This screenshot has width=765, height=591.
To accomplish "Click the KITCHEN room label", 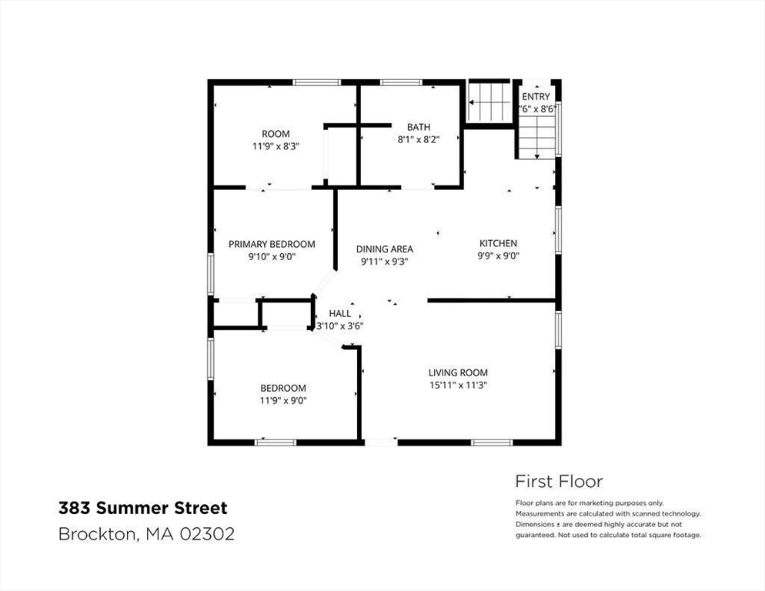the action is (x=498, y=243).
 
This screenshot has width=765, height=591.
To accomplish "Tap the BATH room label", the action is (x=419, y=127).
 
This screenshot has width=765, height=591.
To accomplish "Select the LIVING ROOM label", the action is (x=458, y=372).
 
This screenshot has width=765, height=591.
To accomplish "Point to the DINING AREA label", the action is (x=385, y=249).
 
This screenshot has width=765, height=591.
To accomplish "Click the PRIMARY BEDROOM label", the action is (x=272, y=244).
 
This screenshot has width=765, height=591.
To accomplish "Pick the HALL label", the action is (x=339, y=313).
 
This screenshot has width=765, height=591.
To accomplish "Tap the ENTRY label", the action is (x=536, y=97).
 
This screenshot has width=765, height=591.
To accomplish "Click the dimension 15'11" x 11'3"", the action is (x=458, y=385).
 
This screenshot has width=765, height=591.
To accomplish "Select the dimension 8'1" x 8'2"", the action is (x=419, y=139).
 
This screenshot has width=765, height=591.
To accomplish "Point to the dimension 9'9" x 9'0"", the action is (x=498, y=255).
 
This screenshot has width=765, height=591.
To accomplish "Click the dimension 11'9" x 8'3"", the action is (x=276, y=146).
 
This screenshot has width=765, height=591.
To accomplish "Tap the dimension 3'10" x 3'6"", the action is (x=339, y=326).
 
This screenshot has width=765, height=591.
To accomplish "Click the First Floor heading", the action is (x=559, y=481).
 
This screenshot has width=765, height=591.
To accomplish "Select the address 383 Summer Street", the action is (x=142, y=508).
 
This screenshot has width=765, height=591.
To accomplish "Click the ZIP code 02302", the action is (x=207, y=534).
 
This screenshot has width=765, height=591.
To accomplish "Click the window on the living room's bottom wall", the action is (x=492, y=442).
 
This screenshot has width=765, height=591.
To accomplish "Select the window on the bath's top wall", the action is (x=401, y=82).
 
